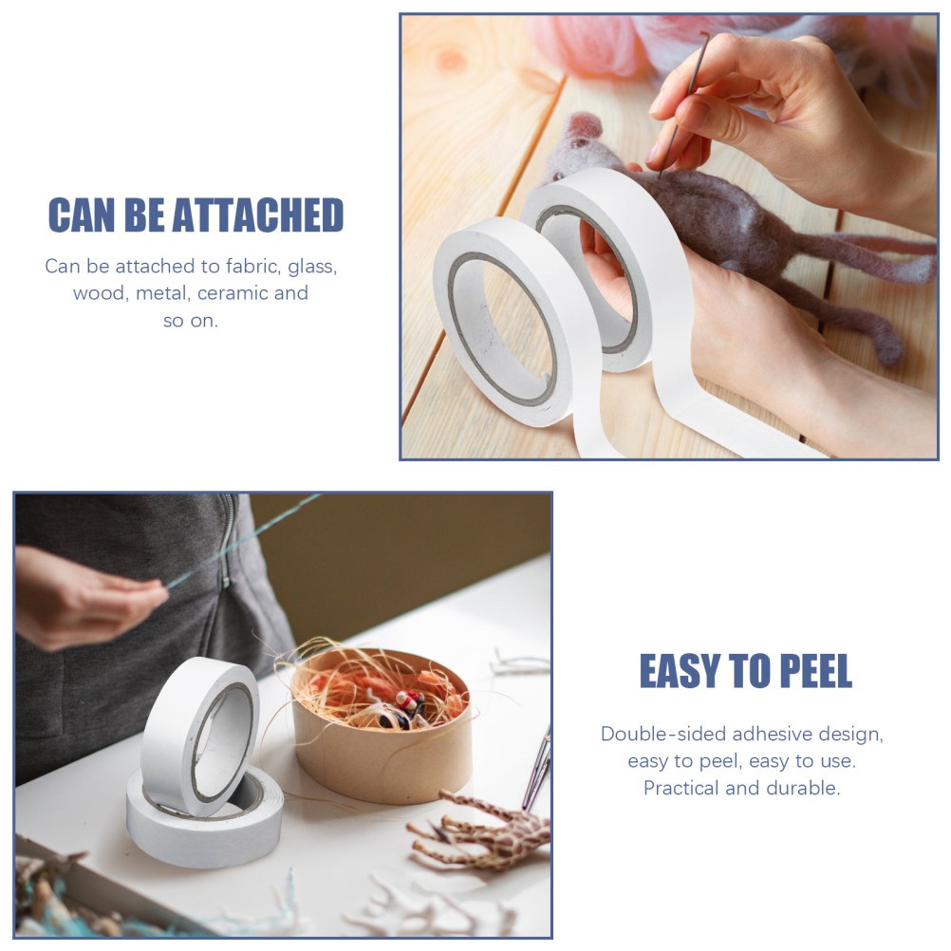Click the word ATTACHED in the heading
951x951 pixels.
pyautogui.click(x=258, y=215)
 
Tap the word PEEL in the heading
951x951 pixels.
pyautogui.click(x=815, y=671)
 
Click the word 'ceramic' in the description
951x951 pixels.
pyautogui.click(x=233, y=293)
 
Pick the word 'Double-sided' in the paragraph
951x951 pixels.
pyautogui.click(x=663, y=734)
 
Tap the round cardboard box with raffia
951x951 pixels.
pyautogui.click(x=382, y=725)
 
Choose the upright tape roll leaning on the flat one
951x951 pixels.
pyautogui.click(x=200, y=734)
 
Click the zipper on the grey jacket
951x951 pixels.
pyautogui.click(x=227, y=540)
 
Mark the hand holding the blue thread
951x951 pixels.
pyautogui.click(x=84, y=597)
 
